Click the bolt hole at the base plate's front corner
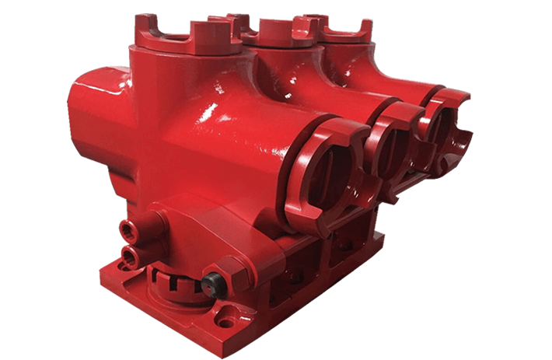(x=226, y=318)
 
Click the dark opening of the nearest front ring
(x=327, y=167)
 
